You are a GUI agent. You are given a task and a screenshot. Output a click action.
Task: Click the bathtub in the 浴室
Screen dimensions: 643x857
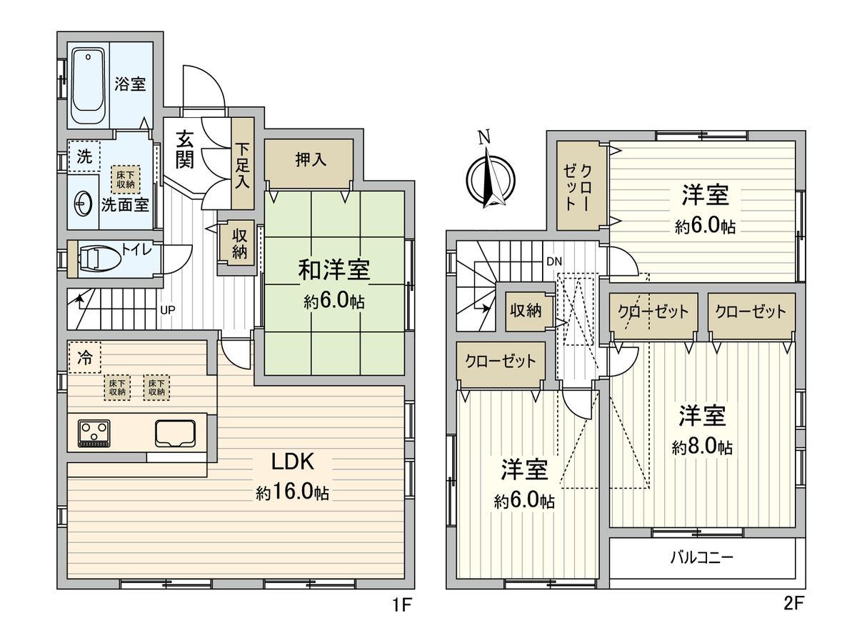point(88,86)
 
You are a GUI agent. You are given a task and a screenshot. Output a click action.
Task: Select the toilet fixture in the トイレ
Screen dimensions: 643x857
point(99,258)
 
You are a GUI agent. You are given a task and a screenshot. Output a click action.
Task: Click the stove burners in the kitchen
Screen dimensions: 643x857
point(93,432)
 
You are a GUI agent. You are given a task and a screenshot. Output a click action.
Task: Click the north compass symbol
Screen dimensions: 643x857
point(489,175)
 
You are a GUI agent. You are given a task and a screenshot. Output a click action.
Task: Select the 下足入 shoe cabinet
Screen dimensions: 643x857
point(244,164)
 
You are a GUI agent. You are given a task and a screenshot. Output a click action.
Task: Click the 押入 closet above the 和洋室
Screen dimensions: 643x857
point(310,160)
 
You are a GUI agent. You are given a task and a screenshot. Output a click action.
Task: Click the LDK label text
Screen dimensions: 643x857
point(292,462)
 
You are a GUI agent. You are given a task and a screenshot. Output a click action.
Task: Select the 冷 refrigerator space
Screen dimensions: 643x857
point(84,358)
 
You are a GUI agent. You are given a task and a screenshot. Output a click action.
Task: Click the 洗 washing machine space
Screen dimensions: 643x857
point(84,157)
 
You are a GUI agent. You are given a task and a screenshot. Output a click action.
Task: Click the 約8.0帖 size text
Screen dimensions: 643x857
point(702,447)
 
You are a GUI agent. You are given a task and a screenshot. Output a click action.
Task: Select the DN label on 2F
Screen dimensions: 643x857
point(554,261)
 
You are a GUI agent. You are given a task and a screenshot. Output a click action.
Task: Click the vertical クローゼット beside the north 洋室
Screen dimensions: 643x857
point(578,186)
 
